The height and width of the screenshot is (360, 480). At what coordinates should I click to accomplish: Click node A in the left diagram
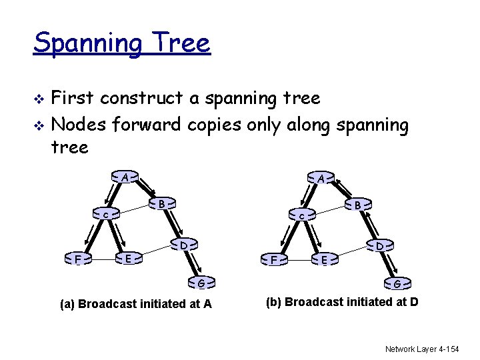(x=125, y=177)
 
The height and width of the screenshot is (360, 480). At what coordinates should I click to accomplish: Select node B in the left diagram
(x=161, y=203)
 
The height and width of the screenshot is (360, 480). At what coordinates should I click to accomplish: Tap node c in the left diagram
(x=105, y=215)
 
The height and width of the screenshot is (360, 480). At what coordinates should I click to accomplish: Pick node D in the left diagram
(x=183, y=245)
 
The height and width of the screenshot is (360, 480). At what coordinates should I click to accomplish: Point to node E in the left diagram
(x=130, y=257)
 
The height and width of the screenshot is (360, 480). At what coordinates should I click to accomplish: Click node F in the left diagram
(x=78, y=258)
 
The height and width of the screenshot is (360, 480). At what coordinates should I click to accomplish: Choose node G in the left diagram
(x=200, y=283)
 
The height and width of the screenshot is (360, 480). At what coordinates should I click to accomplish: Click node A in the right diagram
(x=321, y=179)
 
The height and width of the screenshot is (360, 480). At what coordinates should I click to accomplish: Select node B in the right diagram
(x=358, y=205)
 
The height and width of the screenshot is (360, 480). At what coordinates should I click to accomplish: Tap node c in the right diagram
(x=301, y=216)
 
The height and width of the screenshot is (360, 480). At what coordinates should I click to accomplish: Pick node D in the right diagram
(x=379, y=247)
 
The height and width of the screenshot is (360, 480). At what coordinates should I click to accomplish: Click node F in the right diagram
(x=274, y=259)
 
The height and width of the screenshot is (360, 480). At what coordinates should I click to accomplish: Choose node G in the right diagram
(x=397, y=284)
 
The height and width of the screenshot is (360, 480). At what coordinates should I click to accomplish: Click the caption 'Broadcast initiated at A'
(x=136, y=304)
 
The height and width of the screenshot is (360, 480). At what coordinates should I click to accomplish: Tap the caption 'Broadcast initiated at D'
(x=342, y=302)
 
